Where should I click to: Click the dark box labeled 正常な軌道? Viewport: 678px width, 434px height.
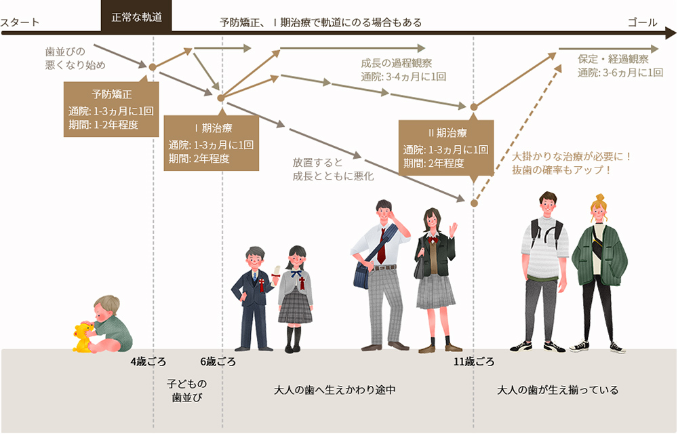tap(136, 16)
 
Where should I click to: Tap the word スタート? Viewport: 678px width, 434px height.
tap(20, 22)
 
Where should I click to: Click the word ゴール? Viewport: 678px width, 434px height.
tap(643, 22)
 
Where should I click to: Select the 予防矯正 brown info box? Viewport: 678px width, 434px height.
tap(111, 109)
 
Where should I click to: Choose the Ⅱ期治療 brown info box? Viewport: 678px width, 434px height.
tap(446, 148)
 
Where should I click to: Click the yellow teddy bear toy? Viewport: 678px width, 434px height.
tap(83, 338)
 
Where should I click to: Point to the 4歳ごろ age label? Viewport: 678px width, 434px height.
tap(148, 362)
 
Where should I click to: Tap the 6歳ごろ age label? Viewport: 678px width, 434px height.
tap(218, 362)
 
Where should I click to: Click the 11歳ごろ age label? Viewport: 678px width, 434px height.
tap(474, 362)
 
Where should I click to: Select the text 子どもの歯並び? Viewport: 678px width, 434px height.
tap(187, 391)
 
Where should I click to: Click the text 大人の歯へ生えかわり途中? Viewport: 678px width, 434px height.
tap(335, 390)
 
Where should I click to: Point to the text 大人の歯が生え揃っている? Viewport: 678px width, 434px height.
tap(558, 390)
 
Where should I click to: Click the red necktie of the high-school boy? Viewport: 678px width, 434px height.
tap(381, 245)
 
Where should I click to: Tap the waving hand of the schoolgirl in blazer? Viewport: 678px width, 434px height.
tap(453, 229)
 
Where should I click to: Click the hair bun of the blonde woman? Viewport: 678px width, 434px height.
tap(599, 198)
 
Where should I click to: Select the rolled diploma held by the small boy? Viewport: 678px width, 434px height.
tap(275, 272)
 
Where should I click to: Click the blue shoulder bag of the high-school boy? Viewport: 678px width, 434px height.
tap(361, 275)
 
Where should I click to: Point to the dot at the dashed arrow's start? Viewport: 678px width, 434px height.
tap(475, 203)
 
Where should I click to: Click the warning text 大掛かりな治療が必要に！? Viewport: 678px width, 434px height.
tap(572, 156)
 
